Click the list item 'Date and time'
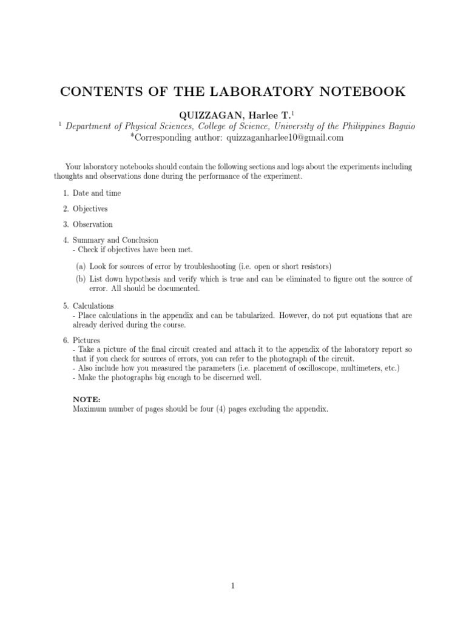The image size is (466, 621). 96,193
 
